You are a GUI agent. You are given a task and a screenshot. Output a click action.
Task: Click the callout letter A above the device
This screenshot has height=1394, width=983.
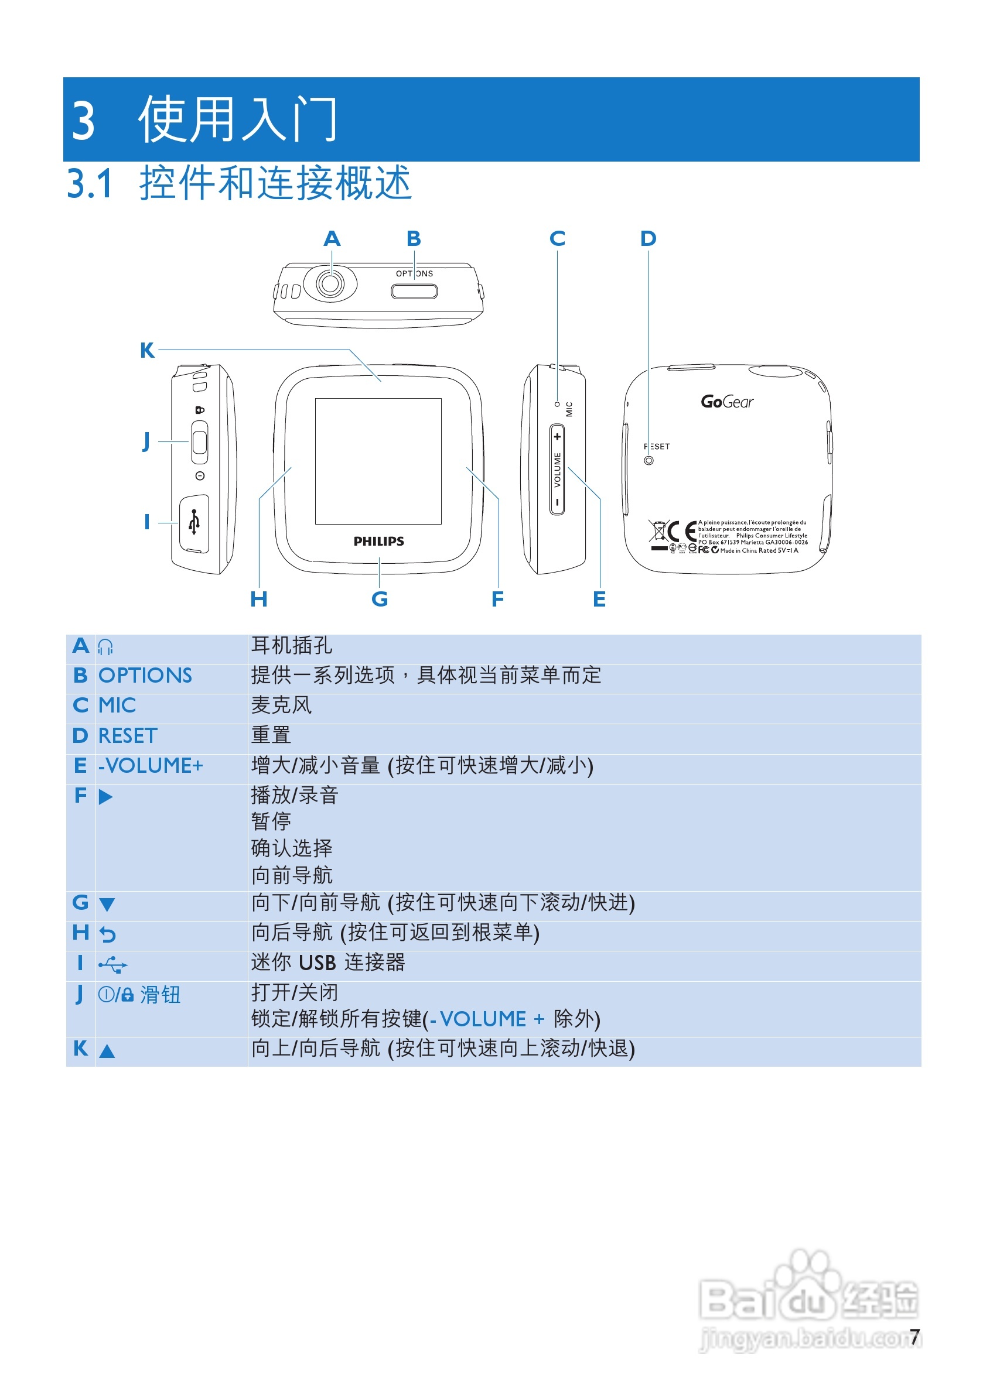click(332, 239)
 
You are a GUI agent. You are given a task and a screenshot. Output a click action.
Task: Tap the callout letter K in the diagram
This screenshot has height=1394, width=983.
click(147, 350)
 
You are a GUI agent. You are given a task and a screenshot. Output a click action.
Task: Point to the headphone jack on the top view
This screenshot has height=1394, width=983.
click(330, 283)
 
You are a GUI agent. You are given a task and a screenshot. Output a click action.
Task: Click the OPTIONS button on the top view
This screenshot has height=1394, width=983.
click(414, 292)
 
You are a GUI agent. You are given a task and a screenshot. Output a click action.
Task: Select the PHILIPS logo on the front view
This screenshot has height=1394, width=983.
click(378, 541)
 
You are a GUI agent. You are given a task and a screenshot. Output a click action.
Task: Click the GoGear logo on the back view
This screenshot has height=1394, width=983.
click(726, 402)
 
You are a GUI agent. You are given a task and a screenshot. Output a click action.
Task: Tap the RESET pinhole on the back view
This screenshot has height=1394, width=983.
click(649, 461)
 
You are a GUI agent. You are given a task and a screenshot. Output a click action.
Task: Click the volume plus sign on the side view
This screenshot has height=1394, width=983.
click(557, 437)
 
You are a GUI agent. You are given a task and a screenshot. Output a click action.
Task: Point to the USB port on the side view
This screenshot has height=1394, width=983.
click(194, 523)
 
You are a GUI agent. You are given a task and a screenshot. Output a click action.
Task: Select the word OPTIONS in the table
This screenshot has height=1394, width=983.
click(145, 676)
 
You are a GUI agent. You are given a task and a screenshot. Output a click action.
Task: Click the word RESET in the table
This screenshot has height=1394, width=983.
click(128, 736)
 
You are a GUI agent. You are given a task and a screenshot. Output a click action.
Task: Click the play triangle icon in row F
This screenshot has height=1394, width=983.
click(105, 797)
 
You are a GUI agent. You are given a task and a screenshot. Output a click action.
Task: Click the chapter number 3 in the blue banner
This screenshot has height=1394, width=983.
click(84, 121)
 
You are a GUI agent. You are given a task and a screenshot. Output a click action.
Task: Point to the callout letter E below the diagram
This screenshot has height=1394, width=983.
click(599, 600)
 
